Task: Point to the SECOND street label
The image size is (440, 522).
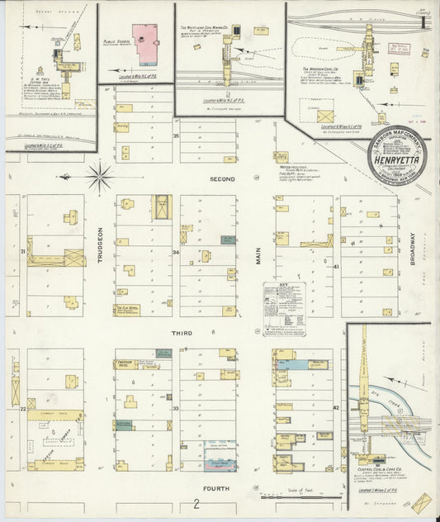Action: pyautogui.click(x=222, y=178)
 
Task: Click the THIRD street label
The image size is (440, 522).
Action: pyautogui.click(x=182, y=333)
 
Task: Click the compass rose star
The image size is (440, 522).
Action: pyautogui.click(x=100, y=176)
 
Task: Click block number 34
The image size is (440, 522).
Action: pyautogui.click(x=175, y=252)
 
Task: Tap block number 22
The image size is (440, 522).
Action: pyautogui.click(x=24, y=407)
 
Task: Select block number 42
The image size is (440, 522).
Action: pyautogui.click(x=336, y=407)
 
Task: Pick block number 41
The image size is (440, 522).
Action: pyautogui.click(x=336, y=266)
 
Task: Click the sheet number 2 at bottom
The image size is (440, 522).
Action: pyautogui.click(x=196, y=503)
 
